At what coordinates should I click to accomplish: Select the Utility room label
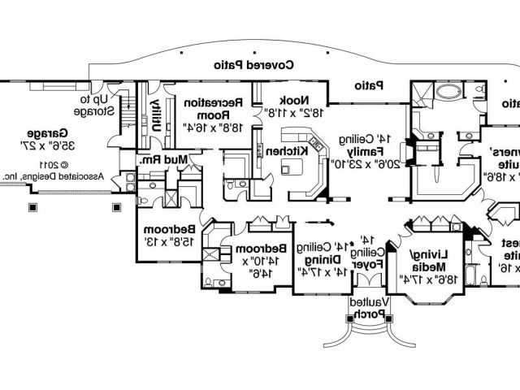point(157,113)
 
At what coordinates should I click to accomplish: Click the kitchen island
point(290,168)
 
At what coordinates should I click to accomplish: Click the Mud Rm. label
point(166,160)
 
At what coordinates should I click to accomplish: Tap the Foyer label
point(364,263)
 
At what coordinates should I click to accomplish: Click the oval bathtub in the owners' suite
point(446,90)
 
